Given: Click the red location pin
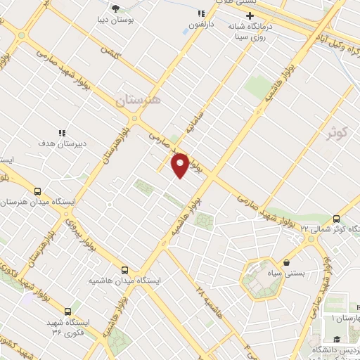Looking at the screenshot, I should coord(180,165).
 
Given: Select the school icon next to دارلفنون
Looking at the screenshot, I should coord(201,13).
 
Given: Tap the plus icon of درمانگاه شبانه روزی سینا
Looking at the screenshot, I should coord(249,15).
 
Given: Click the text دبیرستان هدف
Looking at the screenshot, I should coord(62,143).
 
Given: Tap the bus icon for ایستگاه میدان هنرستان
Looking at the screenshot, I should coord(37,191).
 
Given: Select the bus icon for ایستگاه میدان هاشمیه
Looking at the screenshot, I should coord(125,270).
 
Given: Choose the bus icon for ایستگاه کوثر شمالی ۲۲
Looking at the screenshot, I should coord(336,219).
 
